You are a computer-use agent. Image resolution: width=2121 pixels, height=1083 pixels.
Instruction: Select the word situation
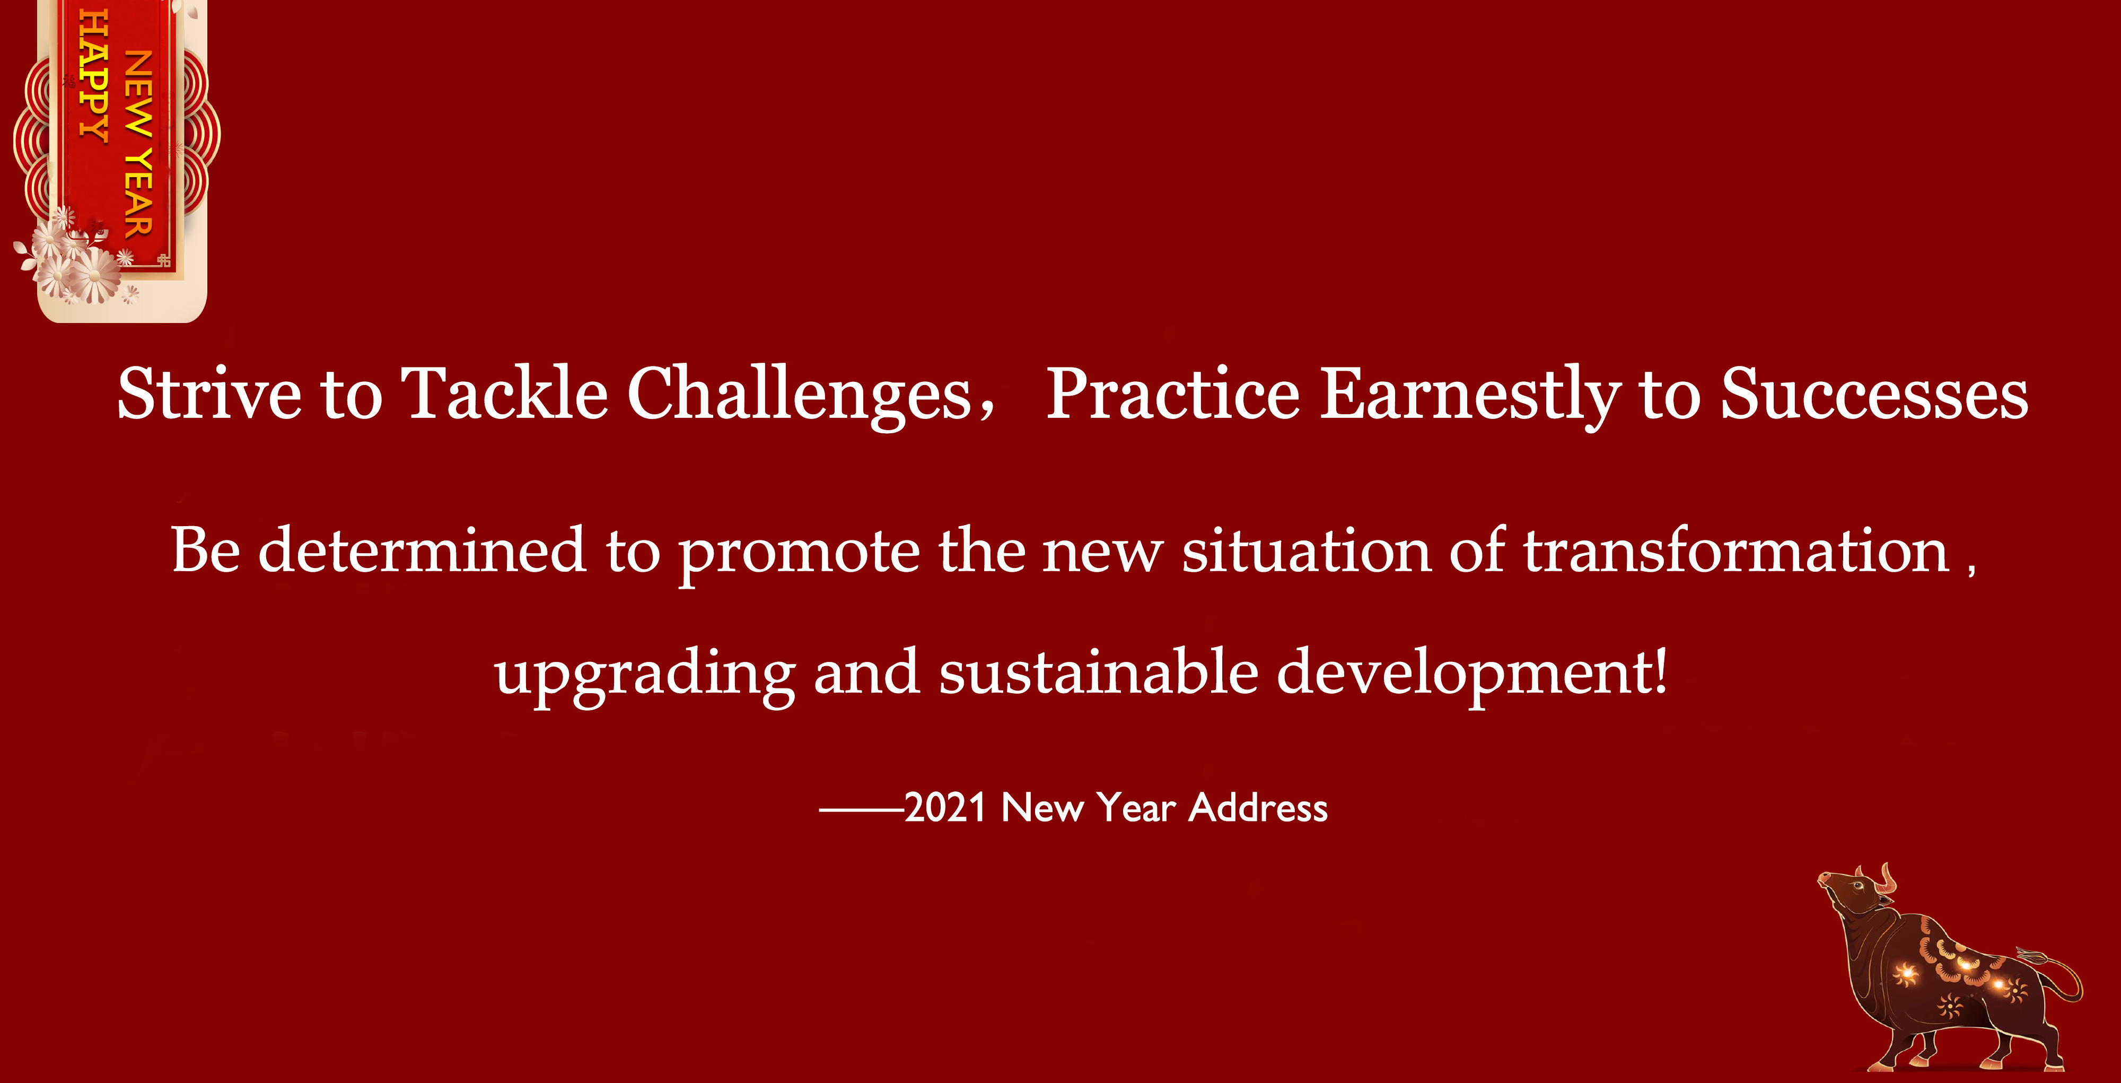point(1306,549)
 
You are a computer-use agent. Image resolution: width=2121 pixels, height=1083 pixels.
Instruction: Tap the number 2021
point(945,808)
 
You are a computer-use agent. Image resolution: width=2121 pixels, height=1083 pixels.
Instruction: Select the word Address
point(1259,807)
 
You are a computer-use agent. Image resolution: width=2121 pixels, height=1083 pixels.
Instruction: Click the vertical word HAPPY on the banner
point(93,76)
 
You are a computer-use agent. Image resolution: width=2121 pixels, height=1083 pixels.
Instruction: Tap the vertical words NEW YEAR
point(138,144)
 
